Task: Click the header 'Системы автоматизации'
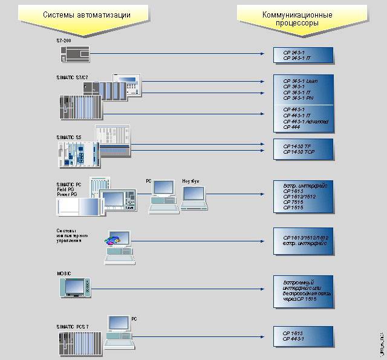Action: pyautogui.click(x=87, y=13)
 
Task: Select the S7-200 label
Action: pyautogui.click(x=62, y=40)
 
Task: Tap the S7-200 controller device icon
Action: pyautogui.click(x=75, y=54)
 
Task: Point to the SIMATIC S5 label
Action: pyautogui.click(x=68, y=137)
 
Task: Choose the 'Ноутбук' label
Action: pyautogui.click(x=191, y=181)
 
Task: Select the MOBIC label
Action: pyautogui.click(x=64, y=273)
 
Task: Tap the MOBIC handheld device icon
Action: pyautogui.click(x=76, y=287)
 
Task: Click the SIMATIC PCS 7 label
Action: pyautogui.click(x=73, y=327)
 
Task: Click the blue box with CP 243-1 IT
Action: pyautogui.click(x=302, y=56)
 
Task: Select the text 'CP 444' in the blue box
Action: pyautogui.click(x=291, y=127)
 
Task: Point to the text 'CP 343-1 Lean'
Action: pyautogui.click(x=300, y=81)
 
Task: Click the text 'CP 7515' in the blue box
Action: pyautogui.click(x=293, y=202)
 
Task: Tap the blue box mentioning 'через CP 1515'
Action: pyautogui.click(x=302, y=291)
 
